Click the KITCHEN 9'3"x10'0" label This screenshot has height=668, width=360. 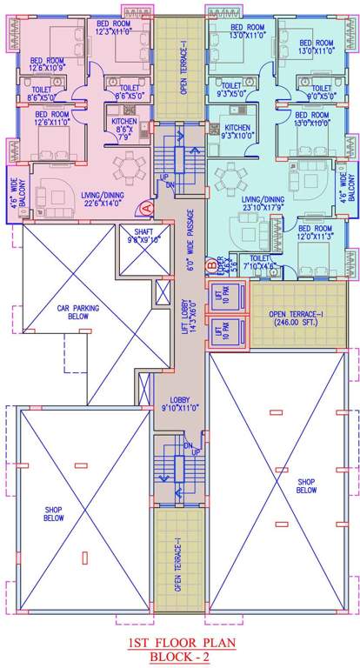237,131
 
